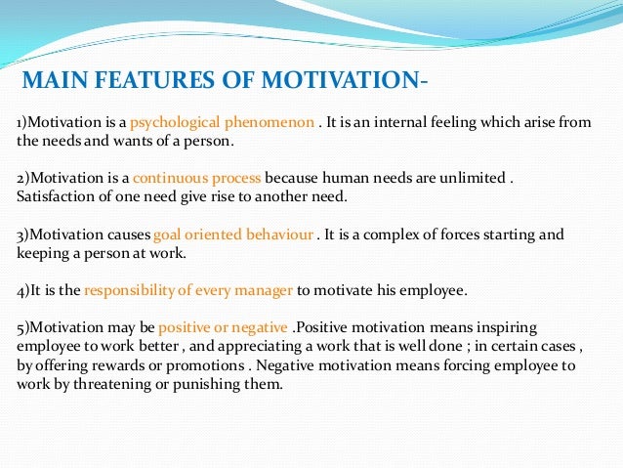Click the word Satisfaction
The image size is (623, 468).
[x=52, y=196]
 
